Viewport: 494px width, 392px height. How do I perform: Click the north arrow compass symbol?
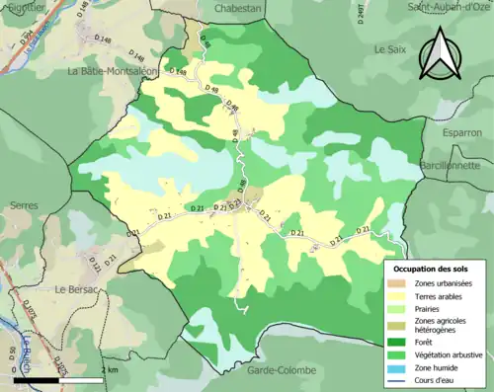point(439,53)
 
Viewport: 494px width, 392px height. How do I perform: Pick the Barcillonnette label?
point(455,163)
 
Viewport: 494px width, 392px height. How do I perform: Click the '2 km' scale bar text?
point(110,369)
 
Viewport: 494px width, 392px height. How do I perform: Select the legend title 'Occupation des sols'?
point(433,269)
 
